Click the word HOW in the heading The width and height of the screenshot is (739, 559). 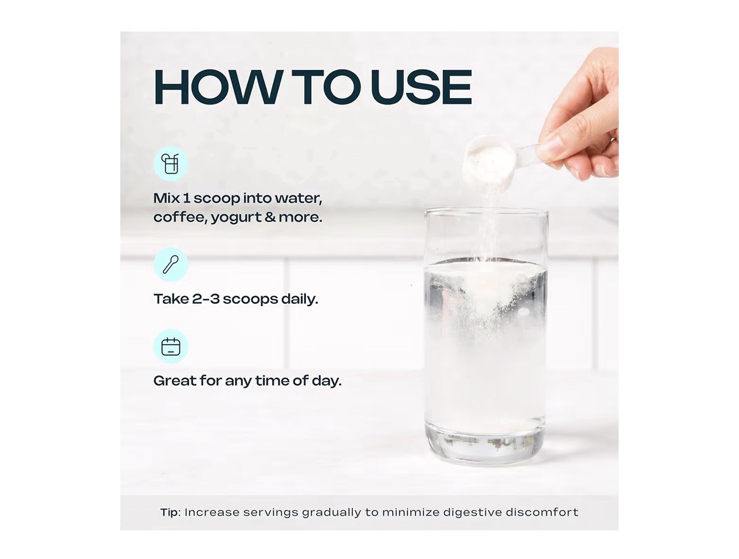coord(218,87)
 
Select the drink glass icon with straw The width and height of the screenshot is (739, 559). coord(170,164)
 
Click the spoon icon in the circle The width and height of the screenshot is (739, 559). coord(171,264)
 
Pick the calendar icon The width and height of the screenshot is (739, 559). coord(171,346)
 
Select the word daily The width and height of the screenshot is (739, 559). coord(300,299)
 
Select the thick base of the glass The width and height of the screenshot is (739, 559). coord(485,445)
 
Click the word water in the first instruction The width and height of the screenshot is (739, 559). coord(298,198)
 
